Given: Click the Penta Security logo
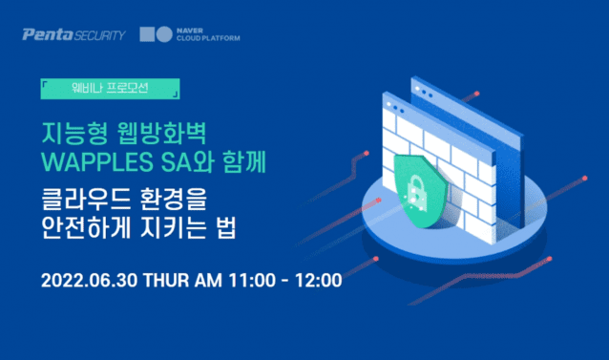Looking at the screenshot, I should pyautogui.click(x=74, y=35).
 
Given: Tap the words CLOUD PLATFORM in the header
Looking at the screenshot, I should pyautogui.click(x=208, y=40).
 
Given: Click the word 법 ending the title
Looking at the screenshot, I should pyautogui.click(x=237, y=232).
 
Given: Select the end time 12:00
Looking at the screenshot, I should pyautogui.click(x=320, y=283).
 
